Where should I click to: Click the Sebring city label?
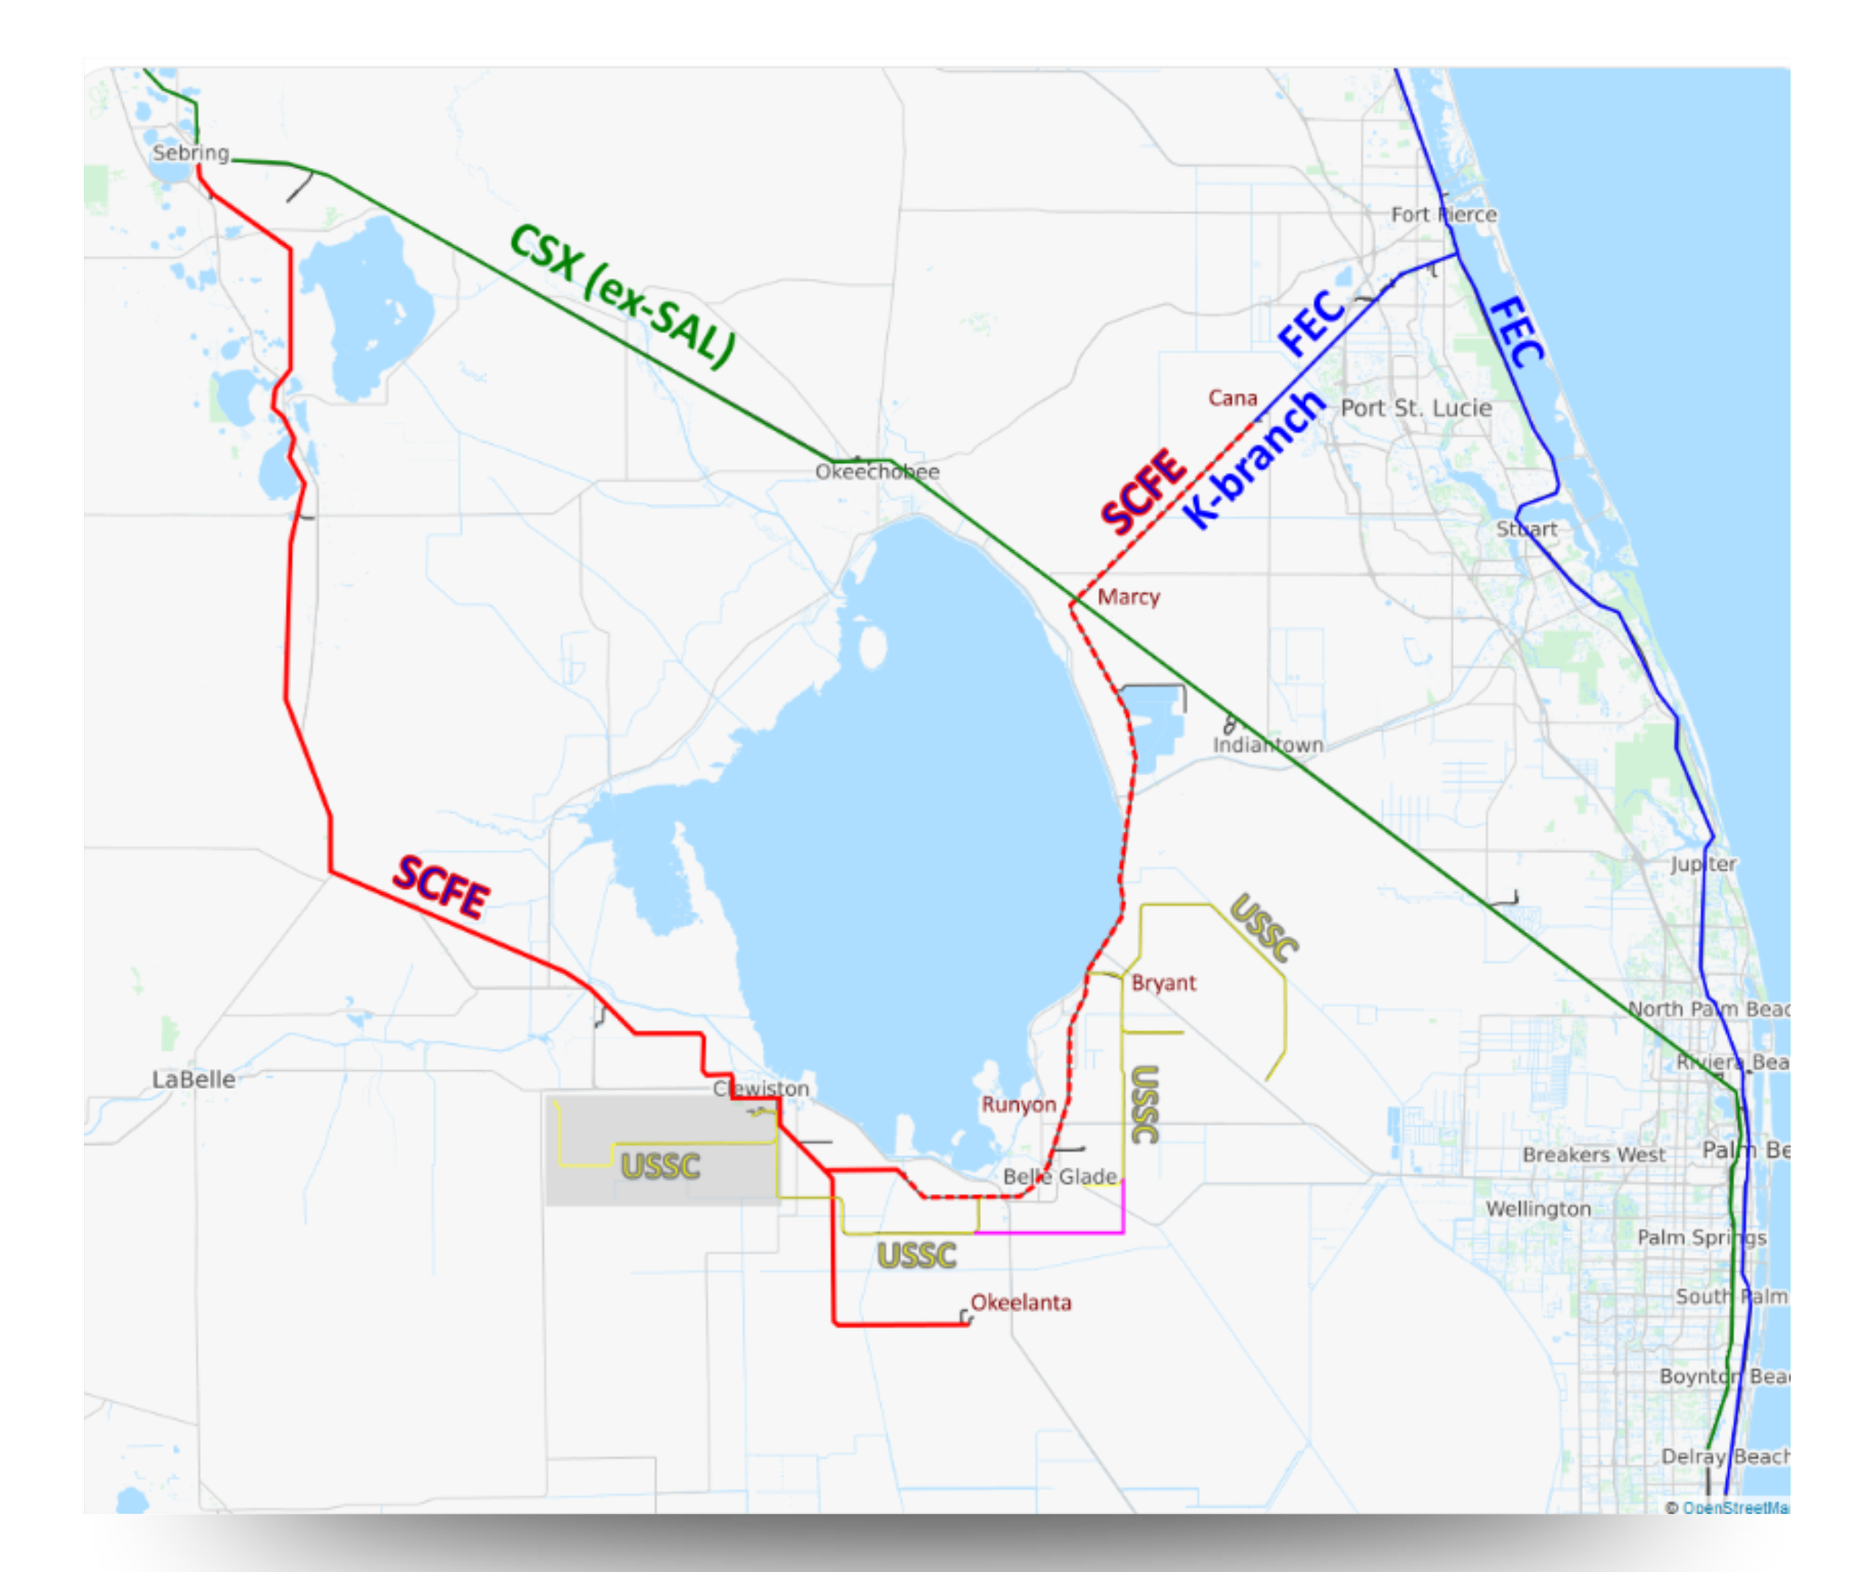point(190,153)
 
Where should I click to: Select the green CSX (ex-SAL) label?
point(622,295)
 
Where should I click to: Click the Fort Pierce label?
point(1443,214)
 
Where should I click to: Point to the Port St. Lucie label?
point(1416,408)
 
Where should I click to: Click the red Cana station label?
point(1232,398)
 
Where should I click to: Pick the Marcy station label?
point(1129,596)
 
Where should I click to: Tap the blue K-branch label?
point(1255,460)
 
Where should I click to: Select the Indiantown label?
point(1267,745)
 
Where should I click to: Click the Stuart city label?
point(1526,529)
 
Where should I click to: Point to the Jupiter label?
point(1703,864)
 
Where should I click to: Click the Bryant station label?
point(1163,982)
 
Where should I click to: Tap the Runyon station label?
point(1018,1104)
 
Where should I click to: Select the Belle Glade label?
point(1060,1177)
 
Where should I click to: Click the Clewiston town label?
point(760,1088)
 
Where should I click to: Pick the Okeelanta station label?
point(1021,1303)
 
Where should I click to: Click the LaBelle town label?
point(193,1079)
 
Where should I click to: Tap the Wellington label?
point(1538,1209)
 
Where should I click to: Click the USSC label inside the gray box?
point(660,1165)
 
